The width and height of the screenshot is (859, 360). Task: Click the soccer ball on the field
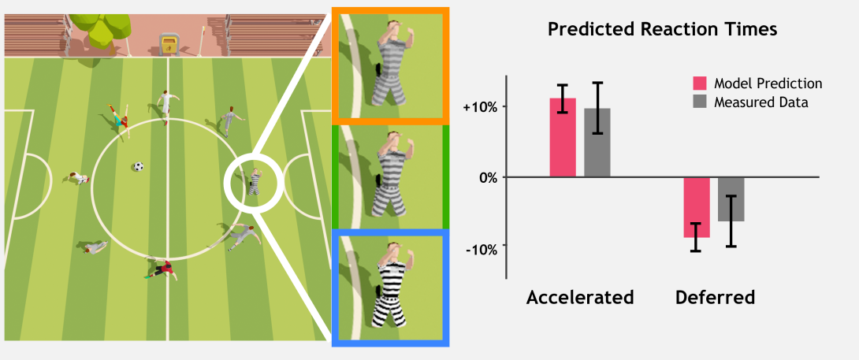point(138,166)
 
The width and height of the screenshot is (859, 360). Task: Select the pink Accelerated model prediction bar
point(563,138)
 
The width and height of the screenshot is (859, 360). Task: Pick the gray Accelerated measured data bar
point(597,143)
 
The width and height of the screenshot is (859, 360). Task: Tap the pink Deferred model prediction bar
point(697,207)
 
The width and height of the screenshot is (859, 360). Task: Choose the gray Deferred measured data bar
point(731,199)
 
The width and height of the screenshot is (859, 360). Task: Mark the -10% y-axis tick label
point(480,249)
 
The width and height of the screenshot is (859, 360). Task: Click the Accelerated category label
point(580,298)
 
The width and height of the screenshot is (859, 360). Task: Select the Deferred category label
point(715,298)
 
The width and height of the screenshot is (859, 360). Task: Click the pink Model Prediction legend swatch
point(701,84)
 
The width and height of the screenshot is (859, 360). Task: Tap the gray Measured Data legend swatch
point(701,102)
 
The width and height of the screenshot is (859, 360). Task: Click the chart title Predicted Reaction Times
point(662,30)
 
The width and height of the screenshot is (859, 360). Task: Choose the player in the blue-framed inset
point(391,287)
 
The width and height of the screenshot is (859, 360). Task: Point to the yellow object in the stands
point(168,44)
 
